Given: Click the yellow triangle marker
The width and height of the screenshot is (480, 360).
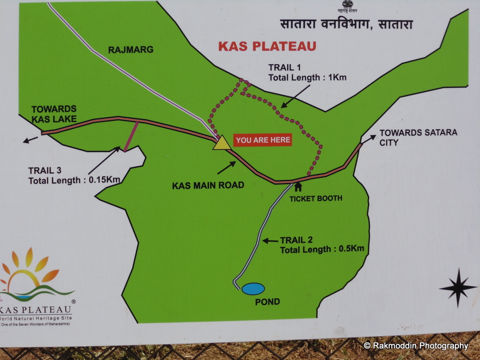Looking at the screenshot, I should click(x=221, y=143).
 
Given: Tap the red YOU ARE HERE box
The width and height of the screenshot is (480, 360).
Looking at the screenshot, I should click(x=263, y=140).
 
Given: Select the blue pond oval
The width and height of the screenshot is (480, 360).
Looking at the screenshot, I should click(x=253, y=289).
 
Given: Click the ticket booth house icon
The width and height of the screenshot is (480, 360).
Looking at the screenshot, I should click(x=298, y=186).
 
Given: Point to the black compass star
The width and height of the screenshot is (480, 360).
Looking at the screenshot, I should click(x=457, y=288).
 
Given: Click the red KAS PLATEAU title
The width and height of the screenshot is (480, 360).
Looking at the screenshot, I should click(x=267, y=46).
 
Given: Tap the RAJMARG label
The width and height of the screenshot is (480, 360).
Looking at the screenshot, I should click(x=131, y=49).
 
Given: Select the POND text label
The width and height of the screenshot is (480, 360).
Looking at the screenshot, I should click(x=267, y=302).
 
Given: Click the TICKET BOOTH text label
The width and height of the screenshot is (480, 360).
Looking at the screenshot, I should click(x=316, y=198).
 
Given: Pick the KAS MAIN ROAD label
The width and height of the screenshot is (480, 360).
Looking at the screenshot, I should click(x=208, y=185).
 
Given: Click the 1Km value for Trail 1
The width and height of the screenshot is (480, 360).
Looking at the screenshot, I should click(x=336, y=77).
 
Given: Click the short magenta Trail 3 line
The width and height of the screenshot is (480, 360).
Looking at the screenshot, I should click(x=131, y=137).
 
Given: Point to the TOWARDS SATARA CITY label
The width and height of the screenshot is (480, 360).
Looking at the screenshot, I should click(x=418, y=137).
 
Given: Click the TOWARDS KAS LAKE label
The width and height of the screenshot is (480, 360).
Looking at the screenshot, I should click(x=54, y=114).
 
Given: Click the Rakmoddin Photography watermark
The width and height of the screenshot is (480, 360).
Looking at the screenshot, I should click(x=416, y=346).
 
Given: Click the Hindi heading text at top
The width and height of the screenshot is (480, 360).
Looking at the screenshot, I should click(x=346, y=24).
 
